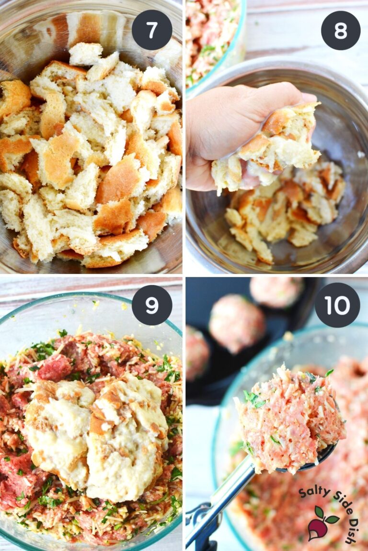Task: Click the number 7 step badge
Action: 151,30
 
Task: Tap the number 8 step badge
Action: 341,30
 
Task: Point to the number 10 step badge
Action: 337,305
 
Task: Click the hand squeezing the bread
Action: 225,129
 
